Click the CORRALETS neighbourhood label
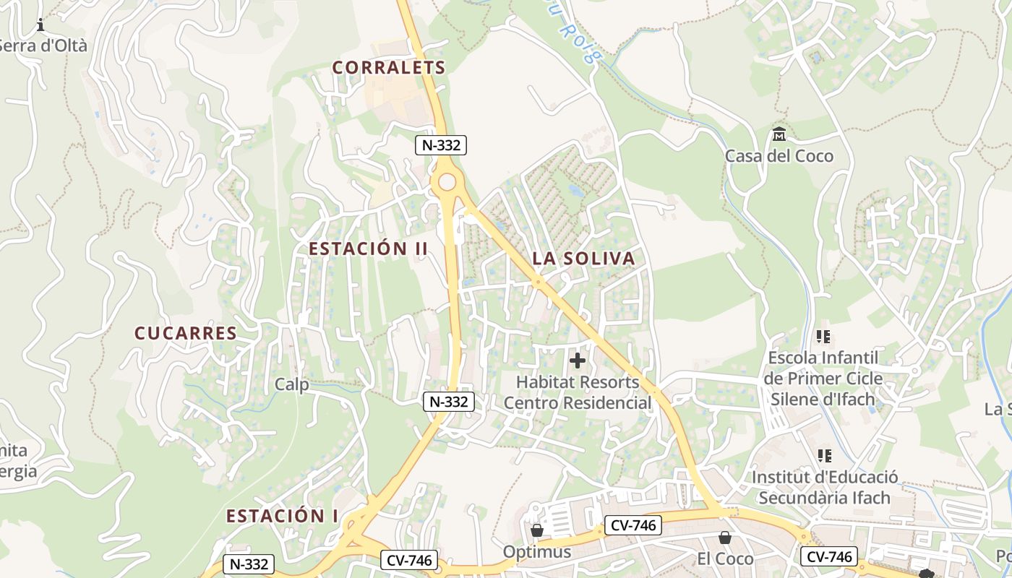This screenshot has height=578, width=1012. (388, 67)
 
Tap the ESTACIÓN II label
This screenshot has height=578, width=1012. (368, 249)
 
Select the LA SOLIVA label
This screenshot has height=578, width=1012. (583, 258)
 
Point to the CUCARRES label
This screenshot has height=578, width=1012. (186, 333)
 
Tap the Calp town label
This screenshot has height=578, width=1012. (291, 384)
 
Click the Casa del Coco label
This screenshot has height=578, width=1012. (779, 155)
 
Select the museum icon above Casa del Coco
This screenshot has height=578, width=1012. (779, 134)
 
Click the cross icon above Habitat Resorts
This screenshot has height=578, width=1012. (577, 360)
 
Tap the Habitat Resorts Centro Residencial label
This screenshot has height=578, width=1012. (578, 392)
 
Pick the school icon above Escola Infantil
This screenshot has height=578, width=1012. (823, 337)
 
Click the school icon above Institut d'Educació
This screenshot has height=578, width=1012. (823, 456)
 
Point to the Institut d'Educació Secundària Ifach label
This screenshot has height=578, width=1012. (824, 488)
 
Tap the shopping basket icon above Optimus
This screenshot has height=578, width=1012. (536, 531)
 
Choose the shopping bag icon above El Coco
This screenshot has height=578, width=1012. (724, 538)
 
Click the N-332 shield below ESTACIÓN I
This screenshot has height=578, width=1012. (248, 564)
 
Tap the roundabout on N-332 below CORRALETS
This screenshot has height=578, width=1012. (447, 181)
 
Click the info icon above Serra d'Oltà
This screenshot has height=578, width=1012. (40, 26)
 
